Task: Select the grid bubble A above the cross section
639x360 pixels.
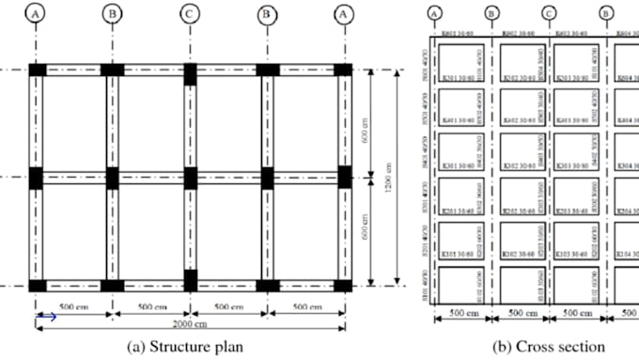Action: click(434, 13)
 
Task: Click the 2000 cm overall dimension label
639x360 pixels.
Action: click(191, 324)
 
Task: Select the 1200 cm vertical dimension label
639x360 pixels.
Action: click(388, 178)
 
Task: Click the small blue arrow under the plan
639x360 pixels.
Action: click(46, 317)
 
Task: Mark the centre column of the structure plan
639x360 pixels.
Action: click(190, 177)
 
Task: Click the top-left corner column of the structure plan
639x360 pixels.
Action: click(36, 70)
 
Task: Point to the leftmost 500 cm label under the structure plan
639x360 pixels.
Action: click(73, 306)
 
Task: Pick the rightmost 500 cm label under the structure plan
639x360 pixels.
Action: click(306, 306)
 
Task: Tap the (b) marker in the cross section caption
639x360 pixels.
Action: click(500, 347)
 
